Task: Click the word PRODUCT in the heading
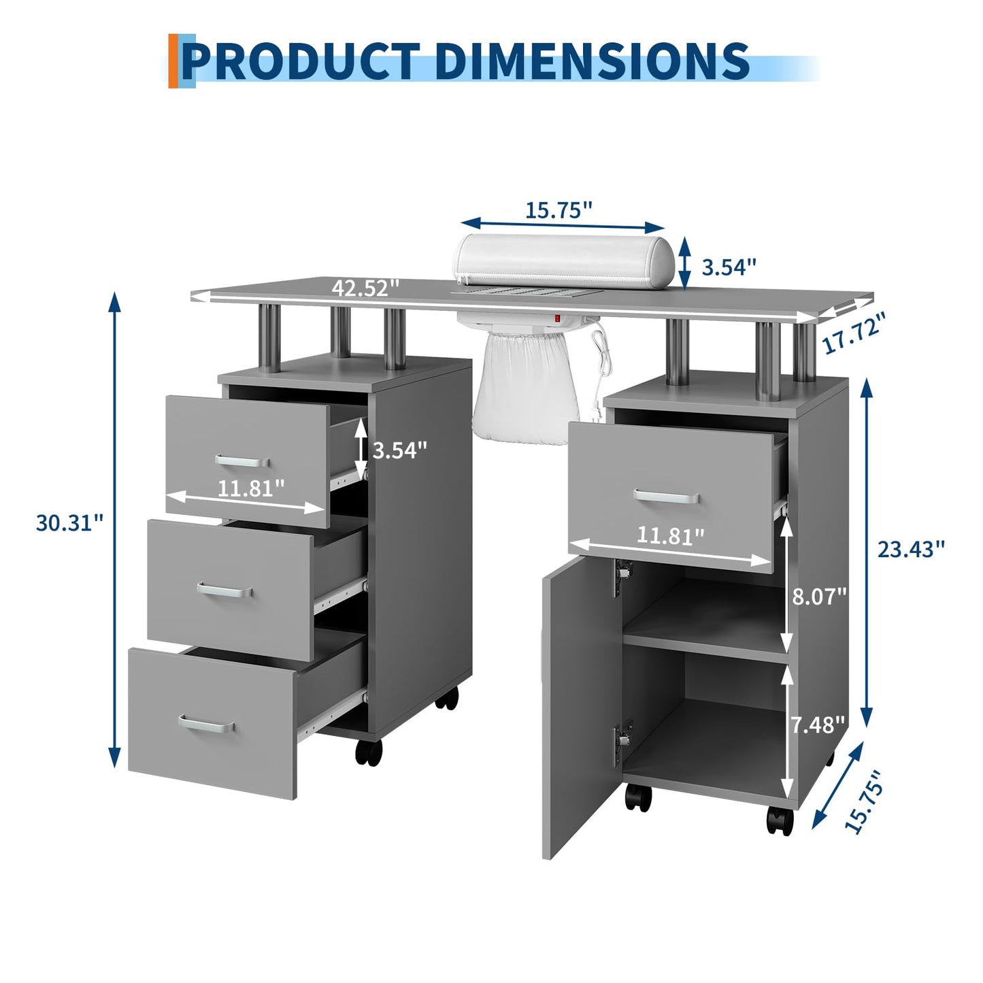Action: [301, 61]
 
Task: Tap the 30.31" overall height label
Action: [70, 523]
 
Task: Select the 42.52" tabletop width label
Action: [365, 288]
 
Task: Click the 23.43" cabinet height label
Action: [911, 549]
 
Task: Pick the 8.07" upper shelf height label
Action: [819, 596]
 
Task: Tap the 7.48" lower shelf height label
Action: [818, 724]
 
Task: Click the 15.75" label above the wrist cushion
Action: [559, 210]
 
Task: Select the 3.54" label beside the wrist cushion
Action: [729, 267]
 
